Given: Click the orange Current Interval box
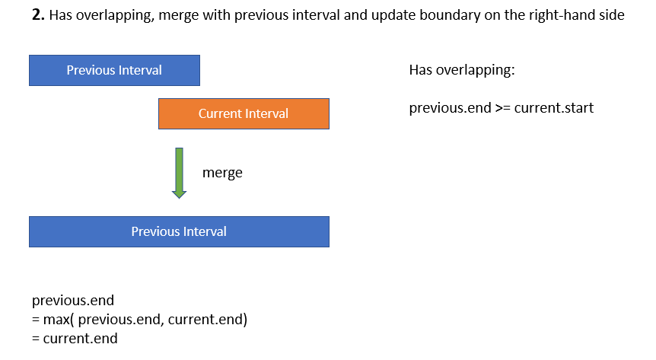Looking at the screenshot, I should [244, 113].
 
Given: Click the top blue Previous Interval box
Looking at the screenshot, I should [114, 70].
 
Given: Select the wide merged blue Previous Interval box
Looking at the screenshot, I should [179, 231].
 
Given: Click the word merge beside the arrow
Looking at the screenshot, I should [222, 173].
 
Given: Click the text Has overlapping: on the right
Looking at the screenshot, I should [461, 71].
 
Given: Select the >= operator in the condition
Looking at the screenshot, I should [503, 107].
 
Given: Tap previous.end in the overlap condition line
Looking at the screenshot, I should [450, 107].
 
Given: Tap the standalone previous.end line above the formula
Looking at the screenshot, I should [73, 301].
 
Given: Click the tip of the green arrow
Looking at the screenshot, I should [179, 196].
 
